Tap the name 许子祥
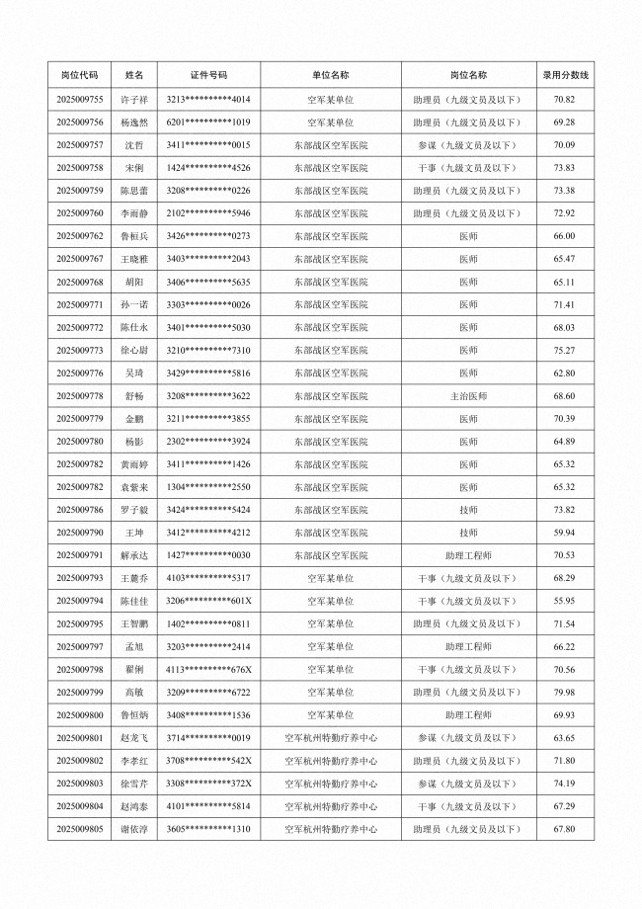133,100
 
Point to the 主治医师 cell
467,395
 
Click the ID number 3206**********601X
208,601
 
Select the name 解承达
133,555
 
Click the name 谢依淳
133,828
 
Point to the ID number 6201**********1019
208,123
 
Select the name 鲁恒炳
133,714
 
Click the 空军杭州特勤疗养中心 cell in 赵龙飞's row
330,737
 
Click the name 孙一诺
133,304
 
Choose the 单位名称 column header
330,74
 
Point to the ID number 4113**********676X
208,669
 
